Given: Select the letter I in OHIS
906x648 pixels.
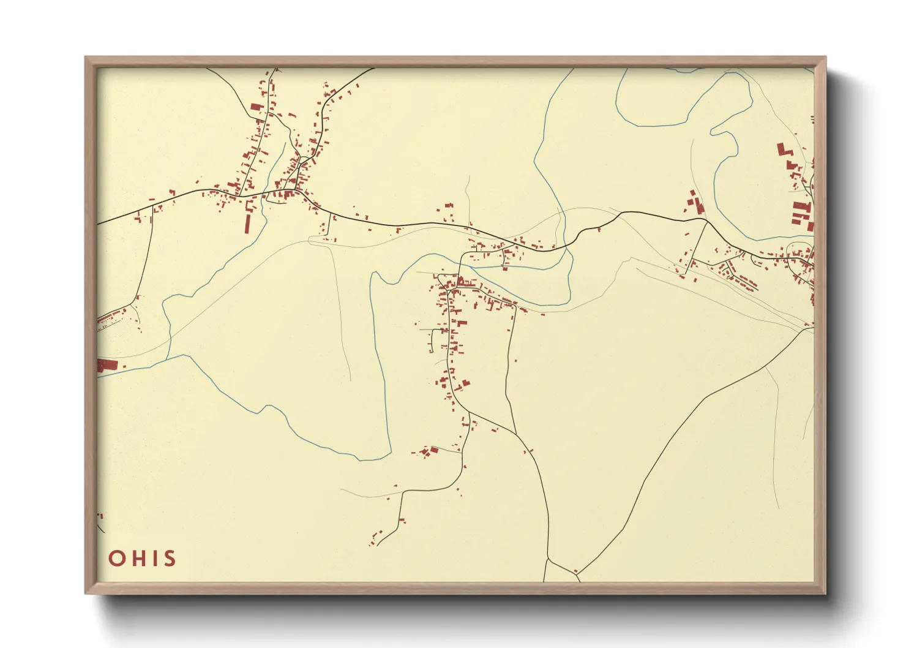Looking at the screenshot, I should pyautogui.click(x=153, y=559).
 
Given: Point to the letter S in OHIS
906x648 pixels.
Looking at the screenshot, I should pyautogui.click(x=168, y=559).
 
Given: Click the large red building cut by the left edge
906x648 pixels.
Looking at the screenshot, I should pyautogui.click(x=107, y=365).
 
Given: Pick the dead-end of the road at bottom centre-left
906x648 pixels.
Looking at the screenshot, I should pyautogui.click(x=378, y=544).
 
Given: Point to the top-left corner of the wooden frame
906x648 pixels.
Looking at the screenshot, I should pyautogui.click(x=86, y=58).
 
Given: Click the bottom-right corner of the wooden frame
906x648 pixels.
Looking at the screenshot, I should pyautogui.click(x=825, y=593).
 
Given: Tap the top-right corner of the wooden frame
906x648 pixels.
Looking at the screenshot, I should pyautogui.click(x=825, y=58).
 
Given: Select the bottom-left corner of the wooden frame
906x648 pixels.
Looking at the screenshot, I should pyautogui.click(x=86, y=593).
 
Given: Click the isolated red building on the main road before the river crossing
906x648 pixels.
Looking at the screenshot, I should pyautogui.click(x=599, y=229).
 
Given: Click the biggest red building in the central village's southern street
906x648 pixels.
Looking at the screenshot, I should pyautogui.click(x=461, y=323).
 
